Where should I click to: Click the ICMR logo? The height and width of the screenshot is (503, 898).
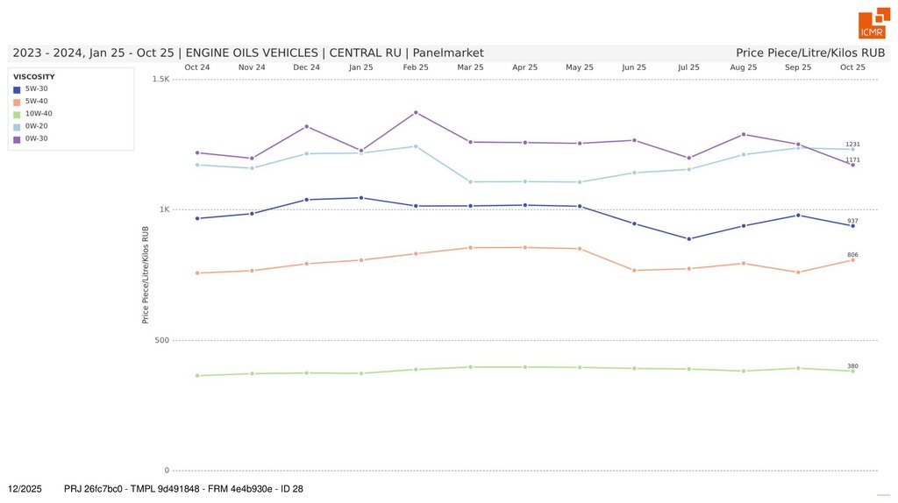(873, 25)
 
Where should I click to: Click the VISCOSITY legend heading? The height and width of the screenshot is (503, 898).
(34, 76)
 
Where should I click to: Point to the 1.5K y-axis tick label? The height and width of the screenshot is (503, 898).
(160, 80)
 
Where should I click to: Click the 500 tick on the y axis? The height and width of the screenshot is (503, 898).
(162, 340)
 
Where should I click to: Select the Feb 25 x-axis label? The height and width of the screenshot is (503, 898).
(416, 67)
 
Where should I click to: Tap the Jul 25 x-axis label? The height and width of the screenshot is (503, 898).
(689, 67)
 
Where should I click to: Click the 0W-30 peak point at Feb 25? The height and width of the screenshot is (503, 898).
(416, 112)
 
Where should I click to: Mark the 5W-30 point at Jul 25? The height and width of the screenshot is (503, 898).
(689, 238)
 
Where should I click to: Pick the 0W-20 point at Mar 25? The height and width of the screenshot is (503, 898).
(471, 181)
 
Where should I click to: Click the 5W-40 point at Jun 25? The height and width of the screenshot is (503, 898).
(634, 270)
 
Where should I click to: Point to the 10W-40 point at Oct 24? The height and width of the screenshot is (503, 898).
(197, 376)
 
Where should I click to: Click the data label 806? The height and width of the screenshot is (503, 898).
(852, 255)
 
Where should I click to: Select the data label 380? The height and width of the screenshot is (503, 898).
(852, 365)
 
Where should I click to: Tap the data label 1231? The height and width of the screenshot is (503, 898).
(852, 144)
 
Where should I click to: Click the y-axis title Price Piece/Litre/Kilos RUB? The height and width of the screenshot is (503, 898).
(146, 274)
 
